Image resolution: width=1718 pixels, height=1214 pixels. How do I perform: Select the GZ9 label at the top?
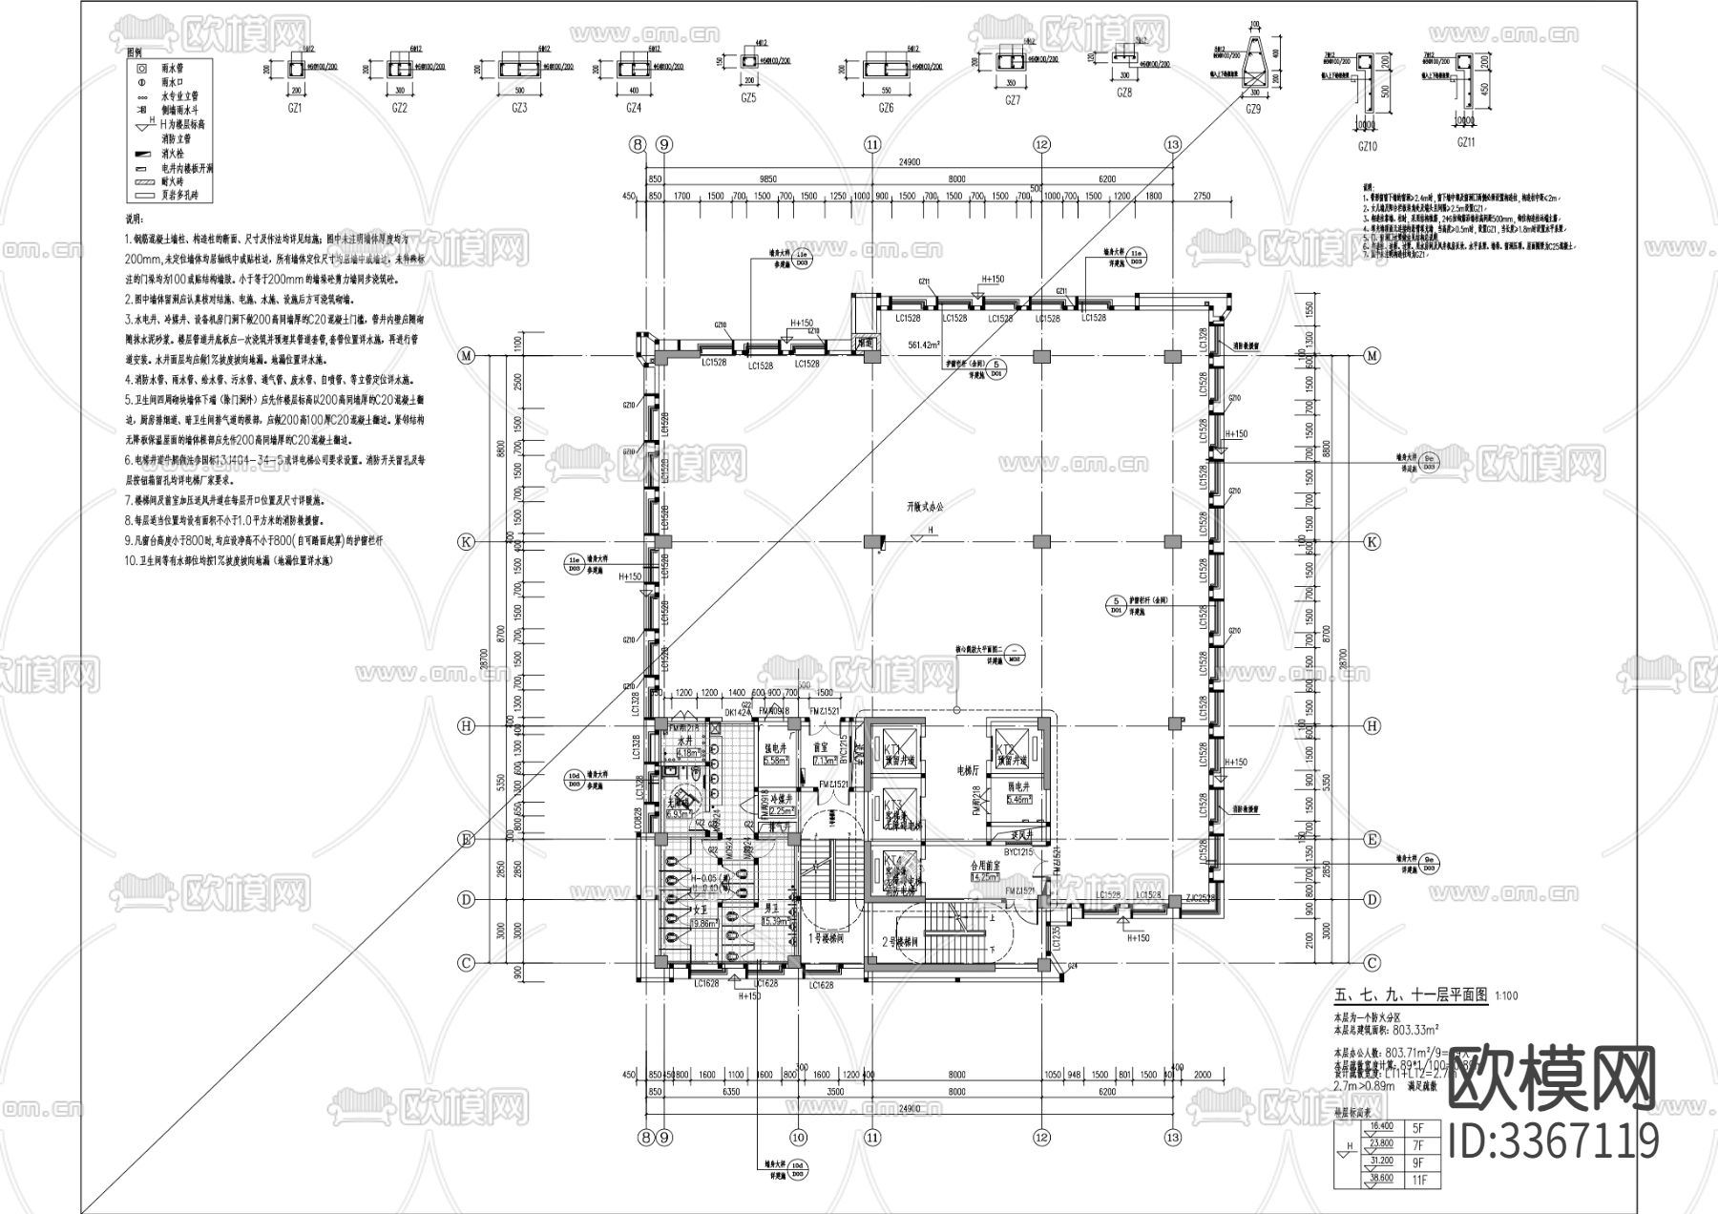click(1254, 110)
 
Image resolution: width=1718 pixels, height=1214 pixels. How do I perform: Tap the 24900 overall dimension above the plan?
click(908, 163)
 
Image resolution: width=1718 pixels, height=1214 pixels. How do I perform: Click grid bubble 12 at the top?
click(1041, 144)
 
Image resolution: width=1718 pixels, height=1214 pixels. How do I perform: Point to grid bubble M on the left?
click(467, 356)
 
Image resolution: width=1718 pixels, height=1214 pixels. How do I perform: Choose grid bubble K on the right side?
click(1372, 541)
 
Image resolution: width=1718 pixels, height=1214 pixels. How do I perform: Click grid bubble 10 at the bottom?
click(798, 1137)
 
